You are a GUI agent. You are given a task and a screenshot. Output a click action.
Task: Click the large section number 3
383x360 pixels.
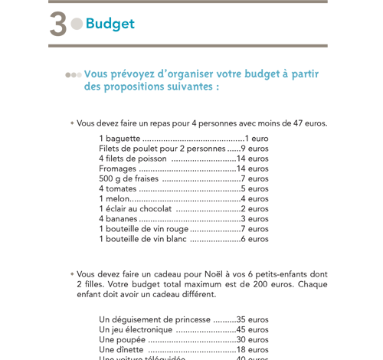click(x=57, y=24)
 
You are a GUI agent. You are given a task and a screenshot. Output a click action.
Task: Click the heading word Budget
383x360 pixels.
click(x=110, y=24)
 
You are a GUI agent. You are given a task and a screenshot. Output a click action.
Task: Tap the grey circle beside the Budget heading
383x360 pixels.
click(x=77, y=24)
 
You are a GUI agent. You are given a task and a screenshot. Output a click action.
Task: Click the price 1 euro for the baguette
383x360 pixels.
click(x=257, y=139)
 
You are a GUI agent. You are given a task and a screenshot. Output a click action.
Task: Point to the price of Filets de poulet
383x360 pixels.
click(x=255, y=149)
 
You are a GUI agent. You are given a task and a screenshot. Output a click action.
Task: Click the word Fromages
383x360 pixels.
click(x=117, y=169)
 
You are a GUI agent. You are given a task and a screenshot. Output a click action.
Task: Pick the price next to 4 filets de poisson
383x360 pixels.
click(x=252, y=159)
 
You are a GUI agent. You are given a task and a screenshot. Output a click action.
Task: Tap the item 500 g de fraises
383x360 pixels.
click(x=128, y=178)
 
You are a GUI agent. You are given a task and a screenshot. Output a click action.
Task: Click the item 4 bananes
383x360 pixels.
click(x=118, y=218)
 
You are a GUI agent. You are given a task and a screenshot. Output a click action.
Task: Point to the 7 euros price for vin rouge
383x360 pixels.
click(x=255, y=228)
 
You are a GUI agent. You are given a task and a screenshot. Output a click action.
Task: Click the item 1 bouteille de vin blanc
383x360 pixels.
click(x=142, y=238)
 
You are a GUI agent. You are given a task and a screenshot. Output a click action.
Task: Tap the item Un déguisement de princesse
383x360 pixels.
click(x=155, y=319)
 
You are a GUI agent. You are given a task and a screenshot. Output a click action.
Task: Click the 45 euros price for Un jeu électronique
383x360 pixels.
click(x=252, y=329)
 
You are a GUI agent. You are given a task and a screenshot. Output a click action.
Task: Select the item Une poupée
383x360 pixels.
click(x=122, y=339)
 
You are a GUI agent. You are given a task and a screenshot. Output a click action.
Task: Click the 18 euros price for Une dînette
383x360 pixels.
click(x=252, y=349)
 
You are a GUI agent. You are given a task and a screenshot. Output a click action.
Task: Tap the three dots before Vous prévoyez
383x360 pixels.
click(x=73, y=75)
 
